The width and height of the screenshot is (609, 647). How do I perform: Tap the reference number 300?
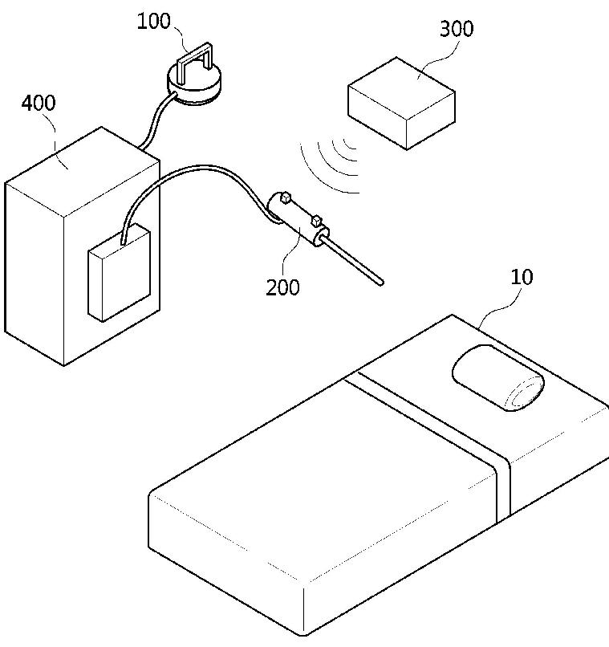[x=457, y=29]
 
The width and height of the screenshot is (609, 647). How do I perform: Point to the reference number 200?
[x=283, y=286]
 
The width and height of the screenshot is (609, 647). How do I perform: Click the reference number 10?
[x=522, y=278]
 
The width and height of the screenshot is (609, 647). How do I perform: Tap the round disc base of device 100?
[x=193, y=87]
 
